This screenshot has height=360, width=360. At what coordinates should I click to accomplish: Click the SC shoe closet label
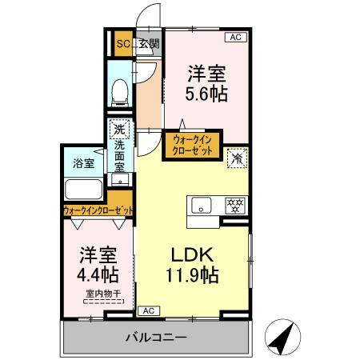point(124,44)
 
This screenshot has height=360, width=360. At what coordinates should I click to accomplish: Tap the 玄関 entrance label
point(149,44)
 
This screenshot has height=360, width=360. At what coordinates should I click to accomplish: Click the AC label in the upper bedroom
point(236,37)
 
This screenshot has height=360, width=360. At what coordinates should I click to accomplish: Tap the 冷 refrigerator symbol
point(237,158)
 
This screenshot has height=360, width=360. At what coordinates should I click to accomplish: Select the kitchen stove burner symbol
point(235,203)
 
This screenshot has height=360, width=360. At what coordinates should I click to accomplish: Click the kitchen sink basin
point(200,203)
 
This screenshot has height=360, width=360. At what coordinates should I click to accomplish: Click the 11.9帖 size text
point(194,277)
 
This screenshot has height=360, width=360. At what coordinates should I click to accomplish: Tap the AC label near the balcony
point(148,310)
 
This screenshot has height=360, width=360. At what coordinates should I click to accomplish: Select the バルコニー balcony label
point(156,338)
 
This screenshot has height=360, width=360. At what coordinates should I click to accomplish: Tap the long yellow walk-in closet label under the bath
point(98,211)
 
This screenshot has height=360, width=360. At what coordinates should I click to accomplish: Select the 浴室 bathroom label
point(83,162)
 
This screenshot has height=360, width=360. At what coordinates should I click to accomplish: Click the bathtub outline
point(83,191)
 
